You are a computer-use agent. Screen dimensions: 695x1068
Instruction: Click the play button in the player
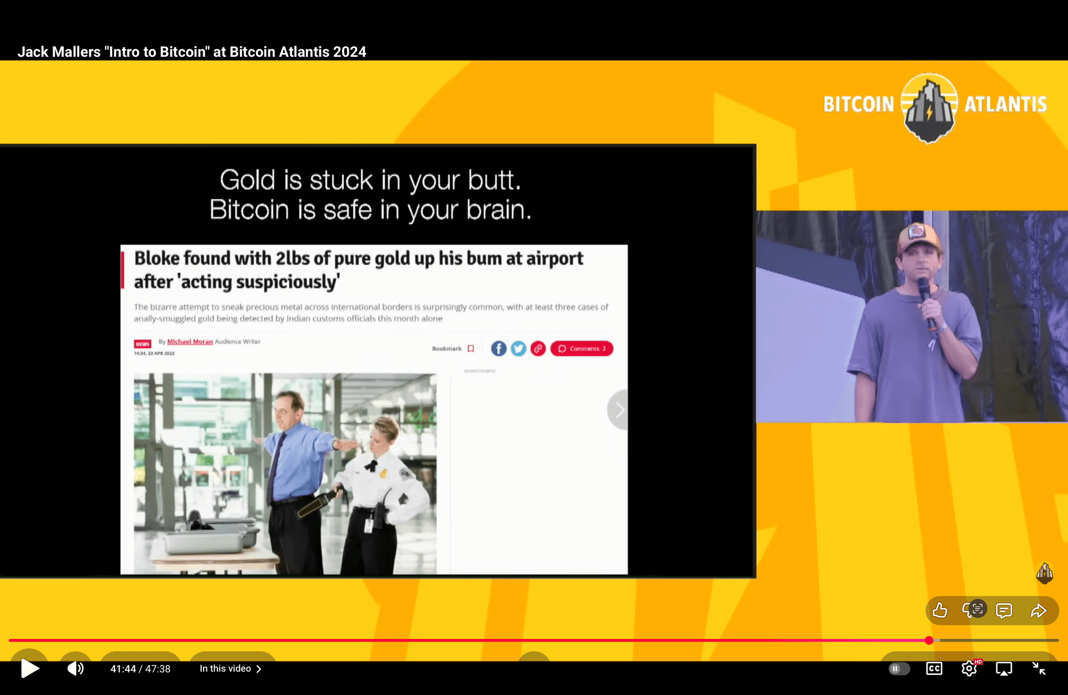coord(29,668)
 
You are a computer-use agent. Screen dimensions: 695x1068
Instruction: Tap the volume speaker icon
coord(75,668)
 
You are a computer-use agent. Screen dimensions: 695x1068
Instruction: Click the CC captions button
coord(934,668)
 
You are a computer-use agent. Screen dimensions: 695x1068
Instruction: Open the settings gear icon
coord(969,668)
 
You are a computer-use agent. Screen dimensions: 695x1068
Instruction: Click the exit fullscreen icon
coord(1039,668)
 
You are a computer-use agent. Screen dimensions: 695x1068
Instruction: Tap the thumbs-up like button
coord(940,610)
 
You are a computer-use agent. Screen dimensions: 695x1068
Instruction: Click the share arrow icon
coord(1038,610)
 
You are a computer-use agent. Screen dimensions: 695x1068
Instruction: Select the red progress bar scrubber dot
coord(929,640)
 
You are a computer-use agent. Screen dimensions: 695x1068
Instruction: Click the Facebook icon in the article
coord(498,348)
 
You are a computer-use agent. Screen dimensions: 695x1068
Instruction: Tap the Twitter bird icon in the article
coord(518,348)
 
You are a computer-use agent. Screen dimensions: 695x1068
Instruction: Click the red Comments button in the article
coord(582,348)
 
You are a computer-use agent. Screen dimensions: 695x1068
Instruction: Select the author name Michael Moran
coord(190,342)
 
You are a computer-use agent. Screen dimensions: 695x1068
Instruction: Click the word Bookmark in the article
coord(447,348)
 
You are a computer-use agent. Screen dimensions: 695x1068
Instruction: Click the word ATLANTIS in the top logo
coord(1005,104)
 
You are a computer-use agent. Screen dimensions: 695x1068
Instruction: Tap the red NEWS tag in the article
coord(142,344)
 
